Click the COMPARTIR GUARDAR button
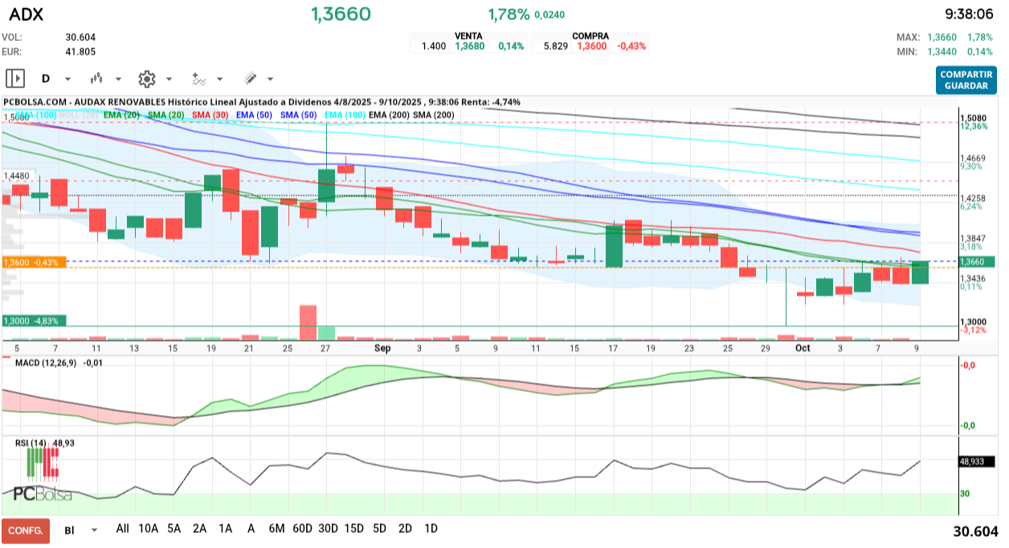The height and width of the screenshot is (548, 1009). pyautogui.click(x=966, y=79)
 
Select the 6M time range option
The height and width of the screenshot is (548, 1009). pyautogui.click(x=276, y=529)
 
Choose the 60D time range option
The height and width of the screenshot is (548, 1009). pyautogui.click(x=302, y=529)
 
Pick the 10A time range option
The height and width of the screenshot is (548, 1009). pyautogui.click(x=148, y=529)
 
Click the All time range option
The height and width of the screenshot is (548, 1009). pyautogui.click(x=122, y=529)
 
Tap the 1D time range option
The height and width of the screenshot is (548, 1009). pyautogui.click(x=431, y=529)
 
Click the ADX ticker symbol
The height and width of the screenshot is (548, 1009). pyautogui.click(x=26, y=14)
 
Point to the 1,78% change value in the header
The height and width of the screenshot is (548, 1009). pyautogui.click(x=509, y=14)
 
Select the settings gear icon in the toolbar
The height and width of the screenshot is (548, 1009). pyautogui.click(x=146, y=79)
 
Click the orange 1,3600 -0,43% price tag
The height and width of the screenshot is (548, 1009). pyautogui.click(x=35, y=262)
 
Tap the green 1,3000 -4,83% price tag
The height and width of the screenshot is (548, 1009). pyautogui.click(x=35, y=321)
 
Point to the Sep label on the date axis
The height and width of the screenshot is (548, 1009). pyautogui.click(x=382, y=348)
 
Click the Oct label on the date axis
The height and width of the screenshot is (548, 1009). pyautogui.click(x=803, y=348)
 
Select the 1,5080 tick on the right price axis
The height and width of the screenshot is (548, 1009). pyautogui.click(x=973, y=117)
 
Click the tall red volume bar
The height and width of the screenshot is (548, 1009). pyautogui.click(x=308, y=322)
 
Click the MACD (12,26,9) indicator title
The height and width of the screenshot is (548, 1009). pyautogui.click(x=47, y=363)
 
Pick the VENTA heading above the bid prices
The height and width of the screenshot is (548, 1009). pyautogui.click(x=468, y=36)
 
